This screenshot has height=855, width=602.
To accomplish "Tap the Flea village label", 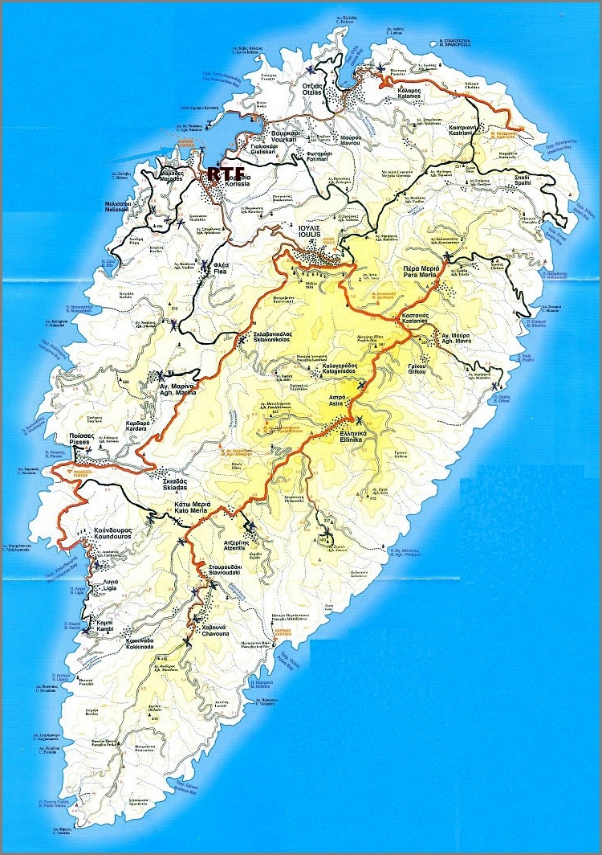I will pos(222,270).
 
